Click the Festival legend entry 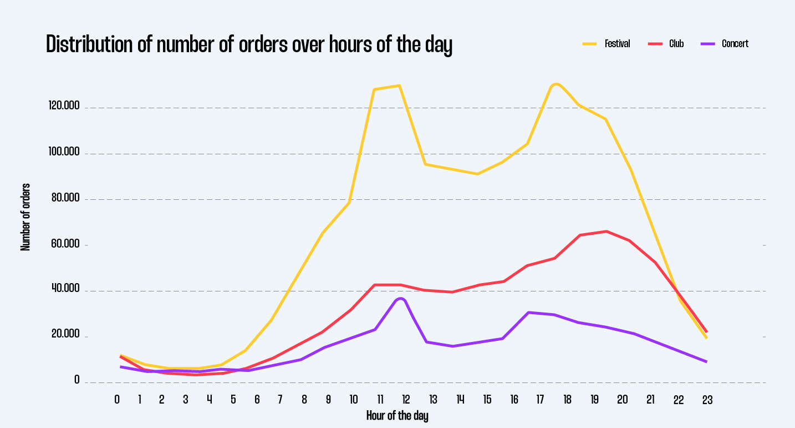616,44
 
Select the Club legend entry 676,44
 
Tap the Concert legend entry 735,44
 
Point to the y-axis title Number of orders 26,216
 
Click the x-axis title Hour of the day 397,415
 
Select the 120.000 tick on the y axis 64,106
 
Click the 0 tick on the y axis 77,381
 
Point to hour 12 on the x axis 406,400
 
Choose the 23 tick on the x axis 707,400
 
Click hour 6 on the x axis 257,400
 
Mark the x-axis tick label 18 567,400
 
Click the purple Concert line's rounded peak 400,299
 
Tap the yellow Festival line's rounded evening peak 556,84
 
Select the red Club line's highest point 607,231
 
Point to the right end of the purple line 706,362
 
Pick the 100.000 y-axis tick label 64,152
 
